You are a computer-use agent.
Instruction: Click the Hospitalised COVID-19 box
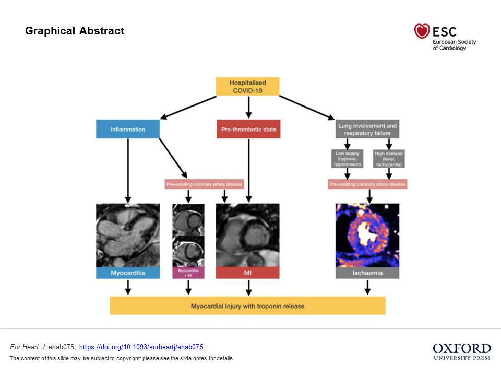pos(248,87)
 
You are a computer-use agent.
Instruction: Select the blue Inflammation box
pos(128,129)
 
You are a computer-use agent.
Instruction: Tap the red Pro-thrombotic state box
pos(248,129)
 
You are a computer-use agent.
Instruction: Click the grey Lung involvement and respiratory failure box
pos(367,129)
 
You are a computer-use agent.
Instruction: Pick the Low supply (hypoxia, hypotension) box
pos(348,159)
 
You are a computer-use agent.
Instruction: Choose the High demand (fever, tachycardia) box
pos(389,159)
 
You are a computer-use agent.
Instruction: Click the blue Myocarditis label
pos(128,273)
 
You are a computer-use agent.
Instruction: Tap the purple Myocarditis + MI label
pos(188,273)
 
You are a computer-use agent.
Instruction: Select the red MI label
pos(247,273)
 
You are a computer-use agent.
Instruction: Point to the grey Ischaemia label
pos(367,273)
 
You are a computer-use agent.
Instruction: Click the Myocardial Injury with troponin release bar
pos(247,305)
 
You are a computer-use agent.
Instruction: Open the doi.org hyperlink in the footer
pos(141,347)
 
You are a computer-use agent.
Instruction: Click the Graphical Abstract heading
pos(75,31)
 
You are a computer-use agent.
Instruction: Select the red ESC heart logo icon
pos(422,31)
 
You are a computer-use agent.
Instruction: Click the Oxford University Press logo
pos(462,351)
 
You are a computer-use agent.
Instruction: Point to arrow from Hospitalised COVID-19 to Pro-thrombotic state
pos(248,107)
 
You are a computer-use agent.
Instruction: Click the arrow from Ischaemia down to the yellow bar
pos(367,287)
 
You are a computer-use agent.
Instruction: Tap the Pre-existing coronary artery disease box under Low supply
pos(367,184)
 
